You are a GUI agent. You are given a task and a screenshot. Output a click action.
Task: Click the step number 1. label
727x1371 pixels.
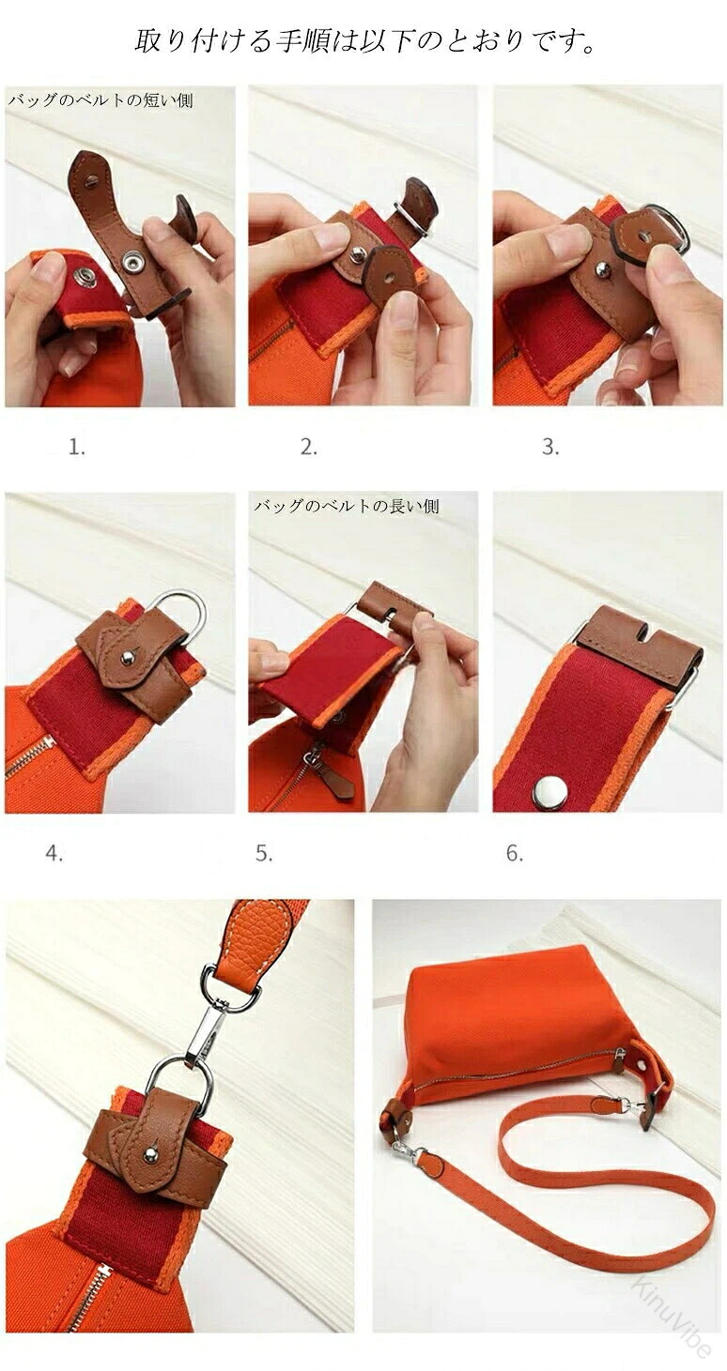pos(77,448)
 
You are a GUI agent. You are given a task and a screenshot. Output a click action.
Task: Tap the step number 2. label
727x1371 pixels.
pos(309,448)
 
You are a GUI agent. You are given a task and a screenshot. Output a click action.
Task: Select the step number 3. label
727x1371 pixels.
pos(550,448)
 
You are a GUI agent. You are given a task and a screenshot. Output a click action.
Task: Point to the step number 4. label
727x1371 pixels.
pos(54,853)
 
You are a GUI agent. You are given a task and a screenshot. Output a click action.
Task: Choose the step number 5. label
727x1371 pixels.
pos(264,853)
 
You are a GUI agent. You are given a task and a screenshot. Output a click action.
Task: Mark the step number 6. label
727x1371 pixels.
pos(515,853)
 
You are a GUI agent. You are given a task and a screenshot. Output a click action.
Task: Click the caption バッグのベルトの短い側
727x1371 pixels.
pos(101,100)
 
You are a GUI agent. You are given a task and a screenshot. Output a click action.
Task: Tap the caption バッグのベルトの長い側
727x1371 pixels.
pos(347,506)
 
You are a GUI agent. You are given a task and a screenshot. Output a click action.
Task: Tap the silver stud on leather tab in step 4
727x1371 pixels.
pos(128,657)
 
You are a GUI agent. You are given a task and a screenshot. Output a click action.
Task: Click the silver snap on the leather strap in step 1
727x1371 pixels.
pos(131,263)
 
